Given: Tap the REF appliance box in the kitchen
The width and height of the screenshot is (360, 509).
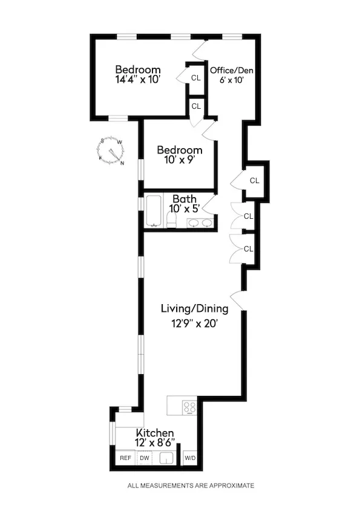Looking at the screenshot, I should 125,458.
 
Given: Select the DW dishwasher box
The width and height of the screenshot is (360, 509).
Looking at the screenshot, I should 145,458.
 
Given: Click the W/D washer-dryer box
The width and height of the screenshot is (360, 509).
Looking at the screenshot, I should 190,458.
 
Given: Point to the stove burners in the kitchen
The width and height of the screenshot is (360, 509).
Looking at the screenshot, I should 189,407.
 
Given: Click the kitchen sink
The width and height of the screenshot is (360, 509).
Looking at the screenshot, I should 167,458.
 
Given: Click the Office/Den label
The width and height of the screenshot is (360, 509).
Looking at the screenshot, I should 231,70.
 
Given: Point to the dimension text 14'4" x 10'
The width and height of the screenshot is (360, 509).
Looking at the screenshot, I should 138,79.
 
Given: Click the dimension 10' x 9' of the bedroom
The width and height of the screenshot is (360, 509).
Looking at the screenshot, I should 179,160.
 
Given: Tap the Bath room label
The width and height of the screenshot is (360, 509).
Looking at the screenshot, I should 184,199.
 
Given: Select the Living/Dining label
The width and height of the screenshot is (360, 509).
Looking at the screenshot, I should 194,309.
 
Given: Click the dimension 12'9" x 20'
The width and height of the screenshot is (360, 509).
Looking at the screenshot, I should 194,323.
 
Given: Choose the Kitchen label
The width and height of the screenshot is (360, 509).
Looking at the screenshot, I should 155,433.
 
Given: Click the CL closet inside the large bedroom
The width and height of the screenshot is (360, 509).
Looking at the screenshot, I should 195,77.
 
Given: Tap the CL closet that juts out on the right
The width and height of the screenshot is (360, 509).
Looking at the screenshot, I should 255,180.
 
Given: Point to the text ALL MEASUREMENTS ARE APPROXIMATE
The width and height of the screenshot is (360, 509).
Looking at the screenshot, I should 191,485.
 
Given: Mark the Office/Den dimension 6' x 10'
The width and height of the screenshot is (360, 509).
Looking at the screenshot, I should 231,80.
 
